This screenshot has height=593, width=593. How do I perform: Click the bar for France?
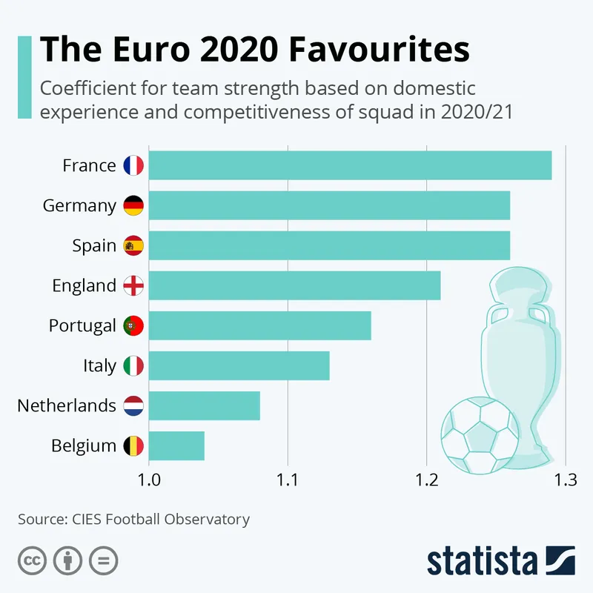[x=350, y=165]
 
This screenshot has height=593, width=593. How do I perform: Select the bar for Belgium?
[x=176, y=445]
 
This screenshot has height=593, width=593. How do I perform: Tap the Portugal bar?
[x=259, y=325]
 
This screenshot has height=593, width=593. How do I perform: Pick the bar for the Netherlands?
[x=205, y=405]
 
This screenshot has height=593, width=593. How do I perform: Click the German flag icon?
[x=133, y=205]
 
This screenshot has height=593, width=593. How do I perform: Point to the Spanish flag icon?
[x=133, y=245]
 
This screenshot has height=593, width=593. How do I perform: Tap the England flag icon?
[x=133, y=285]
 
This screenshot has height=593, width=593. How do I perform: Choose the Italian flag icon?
[x=133, y=365]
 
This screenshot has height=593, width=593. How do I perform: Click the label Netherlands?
[x=67, y=405]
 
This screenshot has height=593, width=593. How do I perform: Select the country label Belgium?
[x=84, y=445]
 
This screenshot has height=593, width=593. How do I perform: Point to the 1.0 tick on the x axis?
[x=149, y=479]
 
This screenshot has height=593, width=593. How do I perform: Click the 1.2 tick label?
[x=426, y=479]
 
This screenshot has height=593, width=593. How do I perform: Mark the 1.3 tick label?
[x=565, y=479]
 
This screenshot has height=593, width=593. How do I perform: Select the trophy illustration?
[x=516, y=348]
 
